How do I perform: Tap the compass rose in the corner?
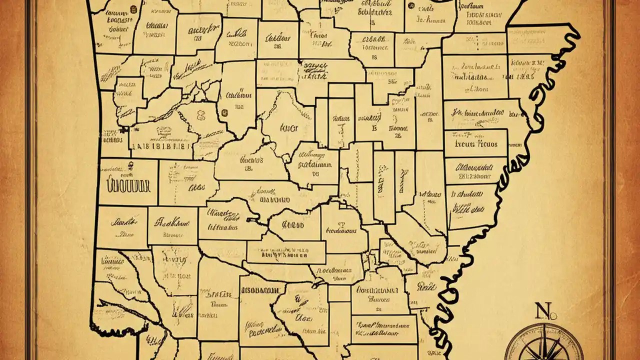click(x=543, y=345)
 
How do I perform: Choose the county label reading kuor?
click(x=288, y=128)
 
